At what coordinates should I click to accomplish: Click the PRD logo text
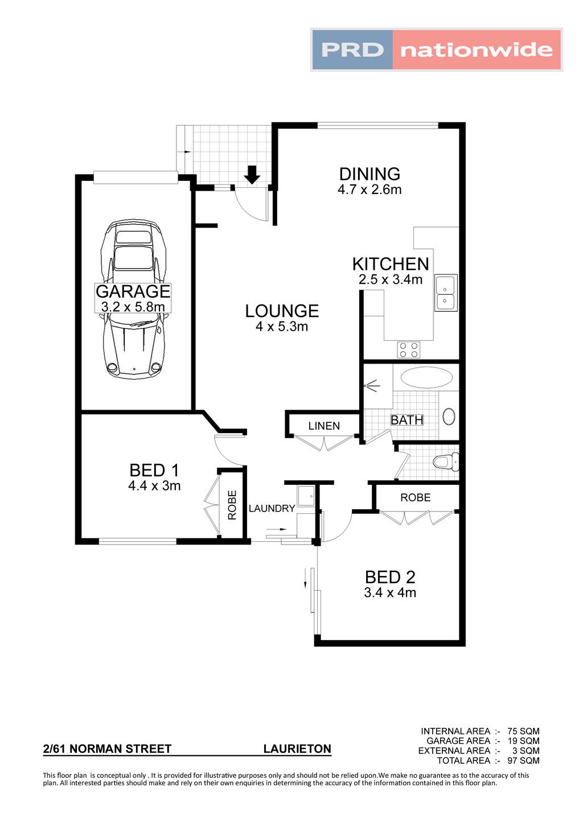click(x=352, y=50)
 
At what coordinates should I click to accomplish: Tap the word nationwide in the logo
click(x=477, y=50)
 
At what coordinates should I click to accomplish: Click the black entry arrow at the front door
click(x=252, y=175)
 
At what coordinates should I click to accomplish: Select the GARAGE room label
click(x=133, y=291)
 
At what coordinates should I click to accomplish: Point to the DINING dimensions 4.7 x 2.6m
click(x=369, y=190)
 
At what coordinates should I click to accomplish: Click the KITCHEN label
click(x=391, y=264)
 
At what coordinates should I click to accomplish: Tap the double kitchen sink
click(x=446, y=293)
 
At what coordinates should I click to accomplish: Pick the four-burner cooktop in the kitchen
click(x=409, y=349)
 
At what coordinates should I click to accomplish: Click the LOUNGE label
click(x=282, y=311)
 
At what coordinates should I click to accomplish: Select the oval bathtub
click(x=426, y=377)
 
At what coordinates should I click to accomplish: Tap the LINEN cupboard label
click(x=324, y=426)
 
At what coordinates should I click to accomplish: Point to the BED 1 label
click(x=154, y=471)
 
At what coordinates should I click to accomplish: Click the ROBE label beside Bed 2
click(x=415, y=498)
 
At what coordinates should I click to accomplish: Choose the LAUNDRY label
click(x=272, y=508)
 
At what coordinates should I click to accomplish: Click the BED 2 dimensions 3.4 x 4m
click(x=390, y=592)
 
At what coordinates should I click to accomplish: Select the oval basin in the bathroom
click(x=449, y=417)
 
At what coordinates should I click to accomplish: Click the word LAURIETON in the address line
click(x=297, y=749)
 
